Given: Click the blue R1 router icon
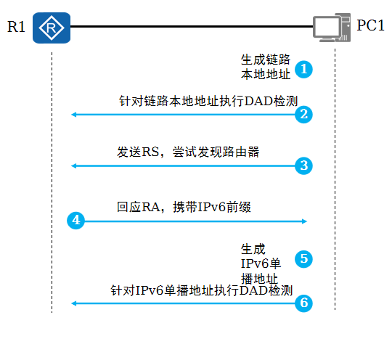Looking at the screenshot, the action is tap(52, 28).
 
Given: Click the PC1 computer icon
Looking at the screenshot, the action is tap(332, 28).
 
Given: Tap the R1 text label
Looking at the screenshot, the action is tap(16, 27).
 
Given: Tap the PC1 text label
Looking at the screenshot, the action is tap(370, 25).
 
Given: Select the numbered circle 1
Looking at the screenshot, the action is tap(303, 69).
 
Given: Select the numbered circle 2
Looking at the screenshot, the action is tap(303, 115).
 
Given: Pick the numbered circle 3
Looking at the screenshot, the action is tap(303, 165).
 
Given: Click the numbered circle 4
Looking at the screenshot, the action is tap(76, 221).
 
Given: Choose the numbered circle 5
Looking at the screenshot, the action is tap(303, 258).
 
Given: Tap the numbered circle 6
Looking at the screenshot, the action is tap(303, 303).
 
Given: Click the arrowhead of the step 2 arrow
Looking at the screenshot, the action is tap(73, 115).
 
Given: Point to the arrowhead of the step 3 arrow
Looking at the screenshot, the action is tap(73, 165).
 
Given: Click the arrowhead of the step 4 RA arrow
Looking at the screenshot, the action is tap(304, 221).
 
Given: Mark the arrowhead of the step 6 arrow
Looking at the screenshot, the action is tap(73, 303).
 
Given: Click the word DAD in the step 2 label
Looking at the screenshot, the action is tap(258, 102).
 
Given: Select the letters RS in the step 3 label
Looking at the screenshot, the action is tap(150, 152).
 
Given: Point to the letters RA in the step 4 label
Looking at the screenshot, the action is tap(151, 208).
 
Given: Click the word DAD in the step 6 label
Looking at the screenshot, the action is tap(253, 291).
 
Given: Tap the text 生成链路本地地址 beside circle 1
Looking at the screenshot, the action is tap(266, 67).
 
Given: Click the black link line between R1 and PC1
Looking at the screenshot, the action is tap(192, 26).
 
